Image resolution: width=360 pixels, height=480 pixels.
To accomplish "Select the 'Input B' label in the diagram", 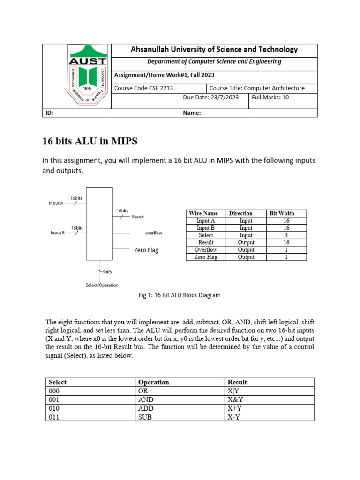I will point(57,232).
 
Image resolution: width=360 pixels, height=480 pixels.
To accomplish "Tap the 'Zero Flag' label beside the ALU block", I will point(146,250).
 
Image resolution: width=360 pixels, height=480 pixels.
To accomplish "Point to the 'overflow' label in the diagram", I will point(154,233).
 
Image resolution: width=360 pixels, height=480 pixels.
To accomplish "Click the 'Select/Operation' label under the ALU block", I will point(102,285).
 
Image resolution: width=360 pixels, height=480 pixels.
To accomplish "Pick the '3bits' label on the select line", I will point(106,271).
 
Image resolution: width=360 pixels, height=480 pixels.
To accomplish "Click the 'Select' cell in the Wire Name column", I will point(206,235).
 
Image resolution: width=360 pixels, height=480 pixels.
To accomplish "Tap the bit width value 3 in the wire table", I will point(286,235).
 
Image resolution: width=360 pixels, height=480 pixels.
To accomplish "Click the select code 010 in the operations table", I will point(54,408).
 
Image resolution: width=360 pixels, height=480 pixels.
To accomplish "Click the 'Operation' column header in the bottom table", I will point(153,382).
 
